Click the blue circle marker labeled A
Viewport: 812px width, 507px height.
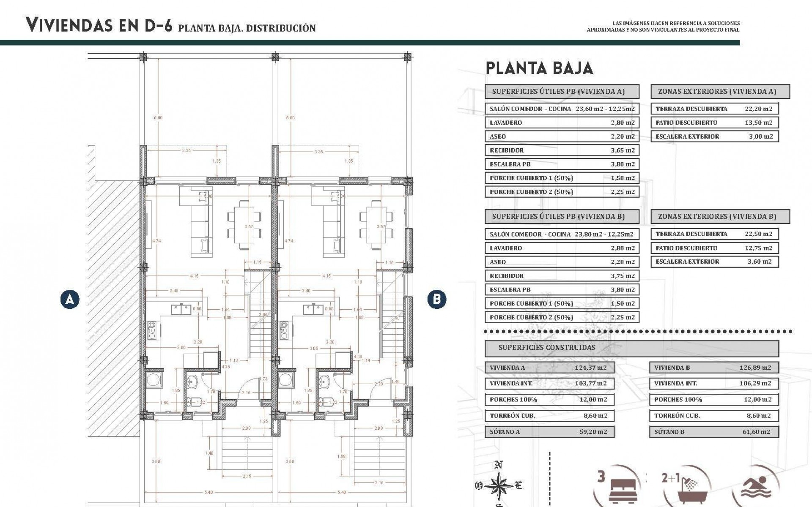[x=70, y=300]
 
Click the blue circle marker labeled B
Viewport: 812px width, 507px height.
[x=436, y=300]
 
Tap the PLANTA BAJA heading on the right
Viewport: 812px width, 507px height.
[x=539, y=68]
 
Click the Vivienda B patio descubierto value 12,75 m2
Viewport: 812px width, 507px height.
[x=758, y=248]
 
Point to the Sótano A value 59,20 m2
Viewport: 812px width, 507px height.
[x=593, y=432]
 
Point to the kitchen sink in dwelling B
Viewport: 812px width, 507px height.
[x=313, y=309]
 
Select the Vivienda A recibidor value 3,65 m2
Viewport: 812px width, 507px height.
[x=623, y=150]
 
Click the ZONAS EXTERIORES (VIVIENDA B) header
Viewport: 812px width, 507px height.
[x=717, y=216]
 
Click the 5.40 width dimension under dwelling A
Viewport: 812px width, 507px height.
[x=208, y=492]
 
